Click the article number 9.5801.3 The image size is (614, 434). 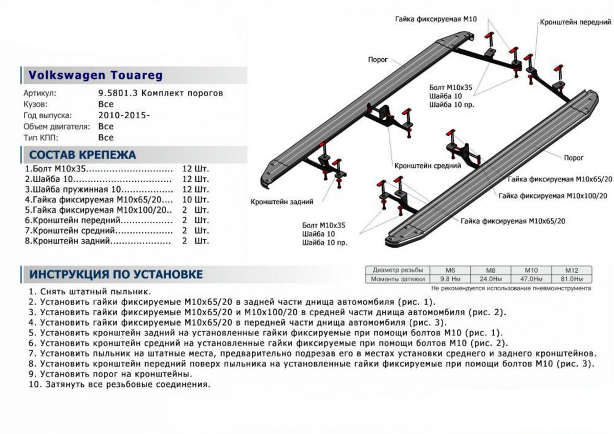(117, 94)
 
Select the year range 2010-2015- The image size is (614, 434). (124, 116)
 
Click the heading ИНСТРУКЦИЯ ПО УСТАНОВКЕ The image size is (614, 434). (116, 274)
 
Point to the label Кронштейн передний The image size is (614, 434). (575, 23)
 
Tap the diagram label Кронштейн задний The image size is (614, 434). (282, 202)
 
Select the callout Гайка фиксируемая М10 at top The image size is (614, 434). (436, 19)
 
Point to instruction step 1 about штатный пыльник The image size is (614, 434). (90, 291)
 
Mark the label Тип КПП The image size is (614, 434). (42, 138)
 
